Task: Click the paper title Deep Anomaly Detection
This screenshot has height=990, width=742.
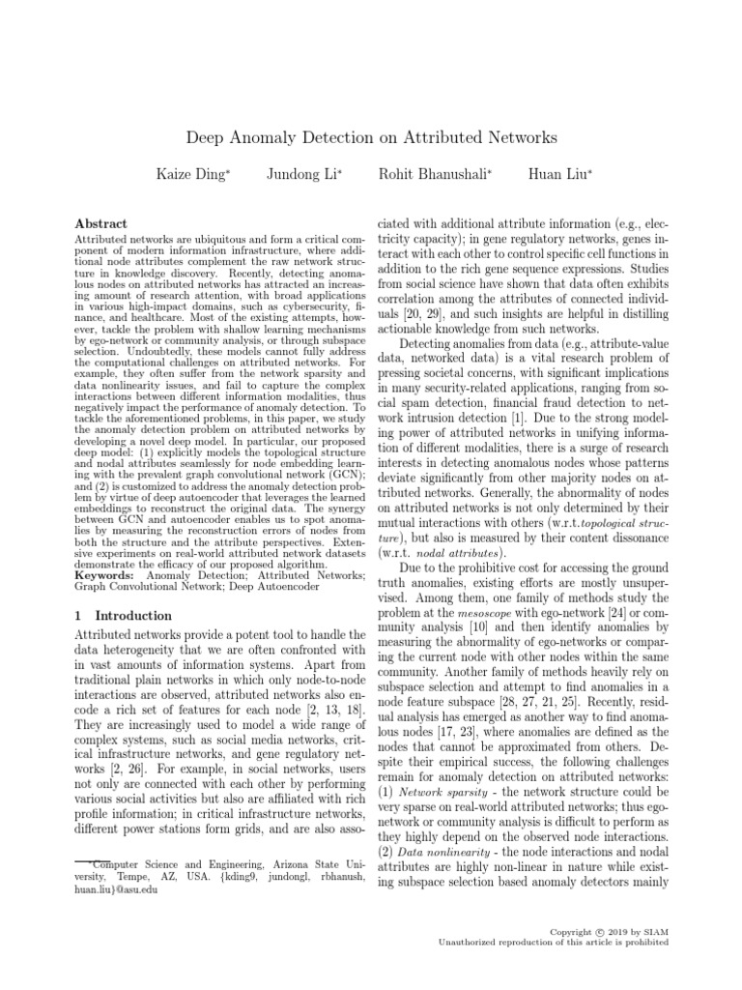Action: click(x=370, y=138)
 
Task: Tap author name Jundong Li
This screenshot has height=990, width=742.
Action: click(x=304, y=175)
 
